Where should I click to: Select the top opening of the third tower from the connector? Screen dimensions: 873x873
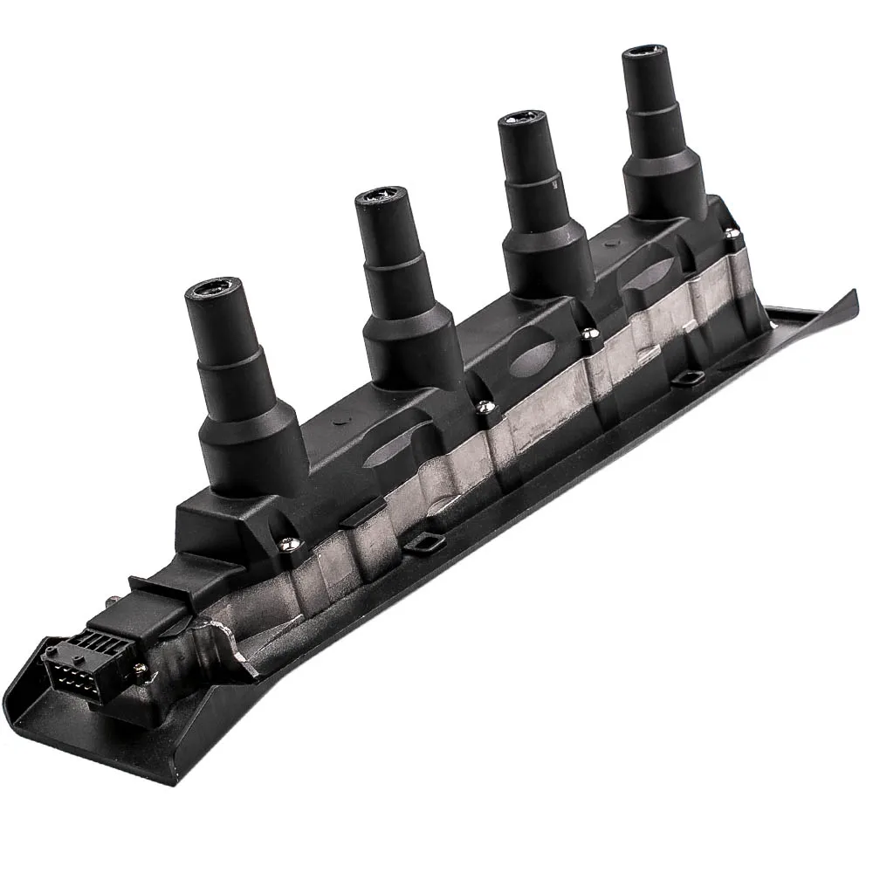[x=522, y=120]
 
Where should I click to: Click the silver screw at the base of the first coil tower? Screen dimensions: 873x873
[x=287, y=542]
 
